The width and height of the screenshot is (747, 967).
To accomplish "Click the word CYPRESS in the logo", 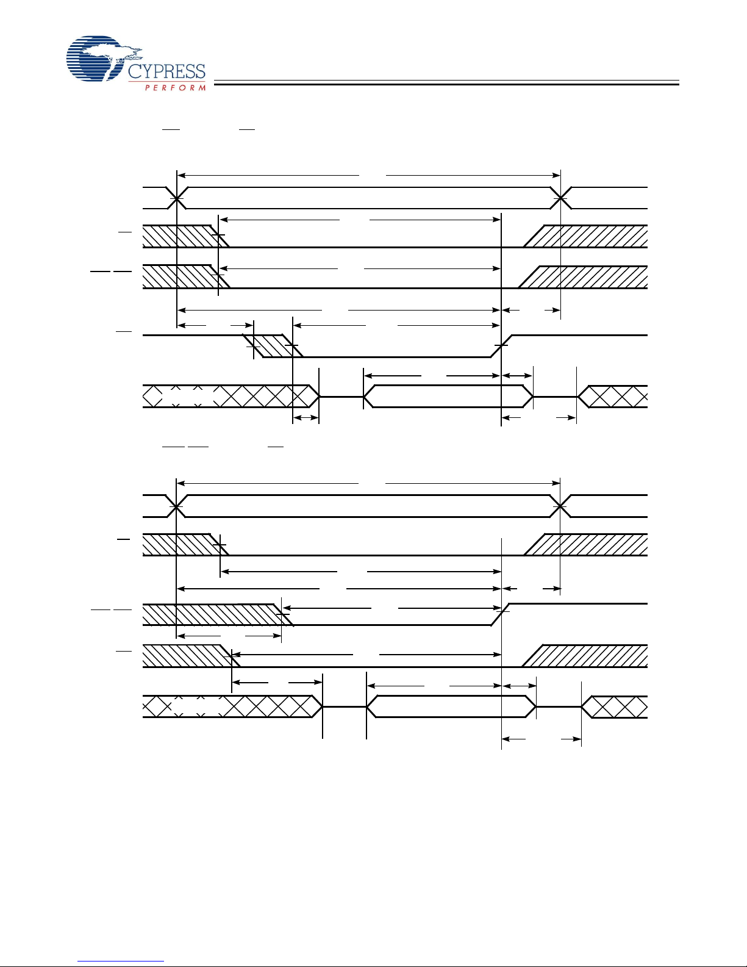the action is tap(166, 72).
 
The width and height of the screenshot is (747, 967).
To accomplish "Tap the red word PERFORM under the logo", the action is tap(175, 88).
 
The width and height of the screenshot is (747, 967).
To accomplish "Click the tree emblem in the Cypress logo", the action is tap(98, 59).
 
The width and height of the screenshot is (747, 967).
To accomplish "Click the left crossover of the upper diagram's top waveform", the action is tap(177, 198).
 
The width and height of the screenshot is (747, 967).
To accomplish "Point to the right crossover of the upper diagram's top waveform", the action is tap(560, 198).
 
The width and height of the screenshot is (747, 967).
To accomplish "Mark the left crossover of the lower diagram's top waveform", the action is tap(176, 506).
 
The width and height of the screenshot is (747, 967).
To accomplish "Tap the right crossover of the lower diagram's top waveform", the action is tap(560, 506).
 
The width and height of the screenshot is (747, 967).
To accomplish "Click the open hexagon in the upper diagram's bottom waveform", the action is tap(448, 397).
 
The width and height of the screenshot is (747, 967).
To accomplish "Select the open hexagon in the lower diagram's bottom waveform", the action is tap(451, 706).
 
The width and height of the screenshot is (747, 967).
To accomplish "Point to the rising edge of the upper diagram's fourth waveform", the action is tap(501, 346).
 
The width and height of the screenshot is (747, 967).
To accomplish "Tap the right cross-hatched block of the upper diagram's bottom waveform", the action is tap(613, 397).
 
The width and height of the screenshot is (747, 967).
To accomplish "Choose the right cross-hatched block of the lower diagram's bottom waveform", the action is tap(615, 706).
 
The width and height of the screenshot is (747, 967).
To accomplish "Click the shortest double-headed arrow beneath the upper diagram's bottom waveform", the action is tap(306, 418).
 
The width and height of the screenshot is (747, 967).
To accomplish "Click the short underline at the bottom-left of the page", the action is tap(121, 962).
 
